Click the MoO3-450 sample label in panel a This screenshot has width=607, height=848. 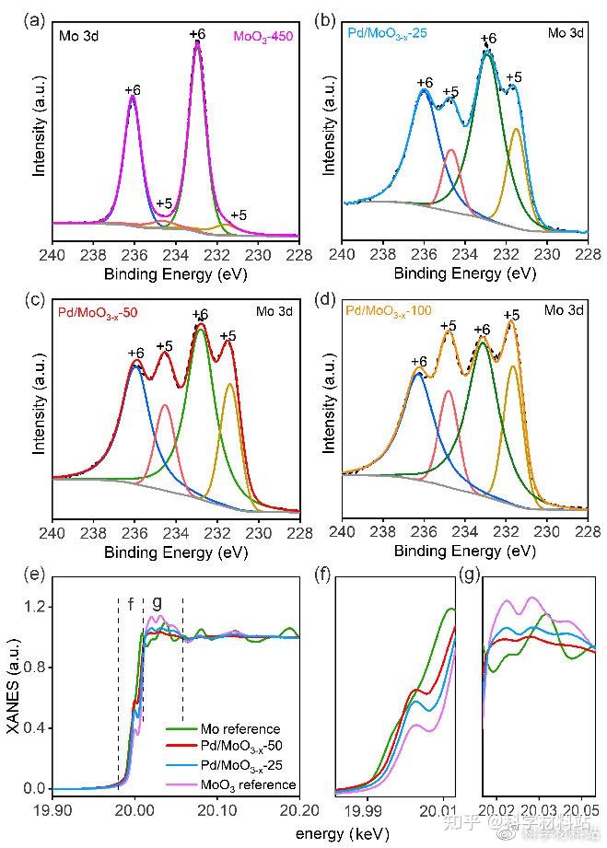pyautogui.click(x=263, y=36)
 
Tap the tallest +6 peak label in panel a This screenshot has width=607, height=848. pyautogui.click(x=197, y=34)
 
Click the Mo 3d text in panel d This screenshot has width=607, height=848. pyautogui.click(x=564, y=310)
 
